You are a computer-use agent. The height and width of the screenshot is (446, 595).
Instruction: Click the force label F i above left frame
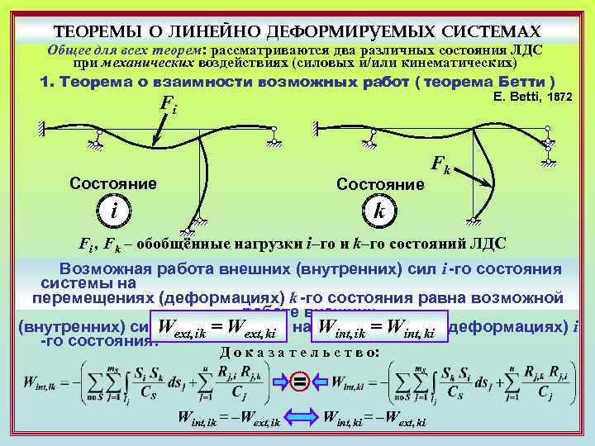tap(167, 107)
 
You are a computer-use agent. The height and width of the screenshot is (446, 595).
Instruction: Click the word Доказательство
tap(299, 353)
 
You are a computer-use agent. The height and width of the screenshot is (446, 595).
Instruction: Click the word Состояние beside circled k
tap(381, 183)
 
